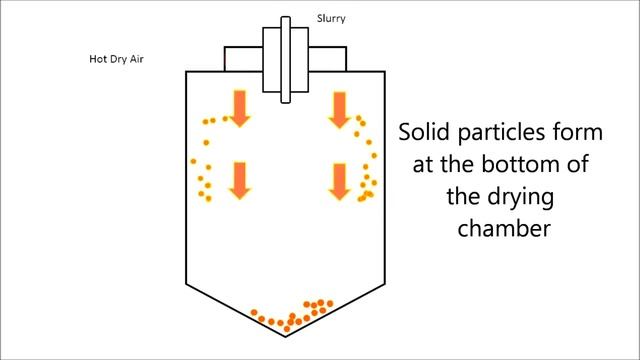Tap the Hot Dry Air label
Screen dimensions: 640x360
[x=118, y=58]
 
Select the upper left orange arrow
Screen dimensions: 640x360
[x=240, y=107]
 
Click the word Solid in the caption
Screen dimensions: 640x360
[x=426, y=133]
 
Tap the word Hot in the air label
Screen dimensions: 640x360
[x=99, y=58]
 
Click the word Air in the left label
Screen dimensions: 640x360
[x=139, y=58]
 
